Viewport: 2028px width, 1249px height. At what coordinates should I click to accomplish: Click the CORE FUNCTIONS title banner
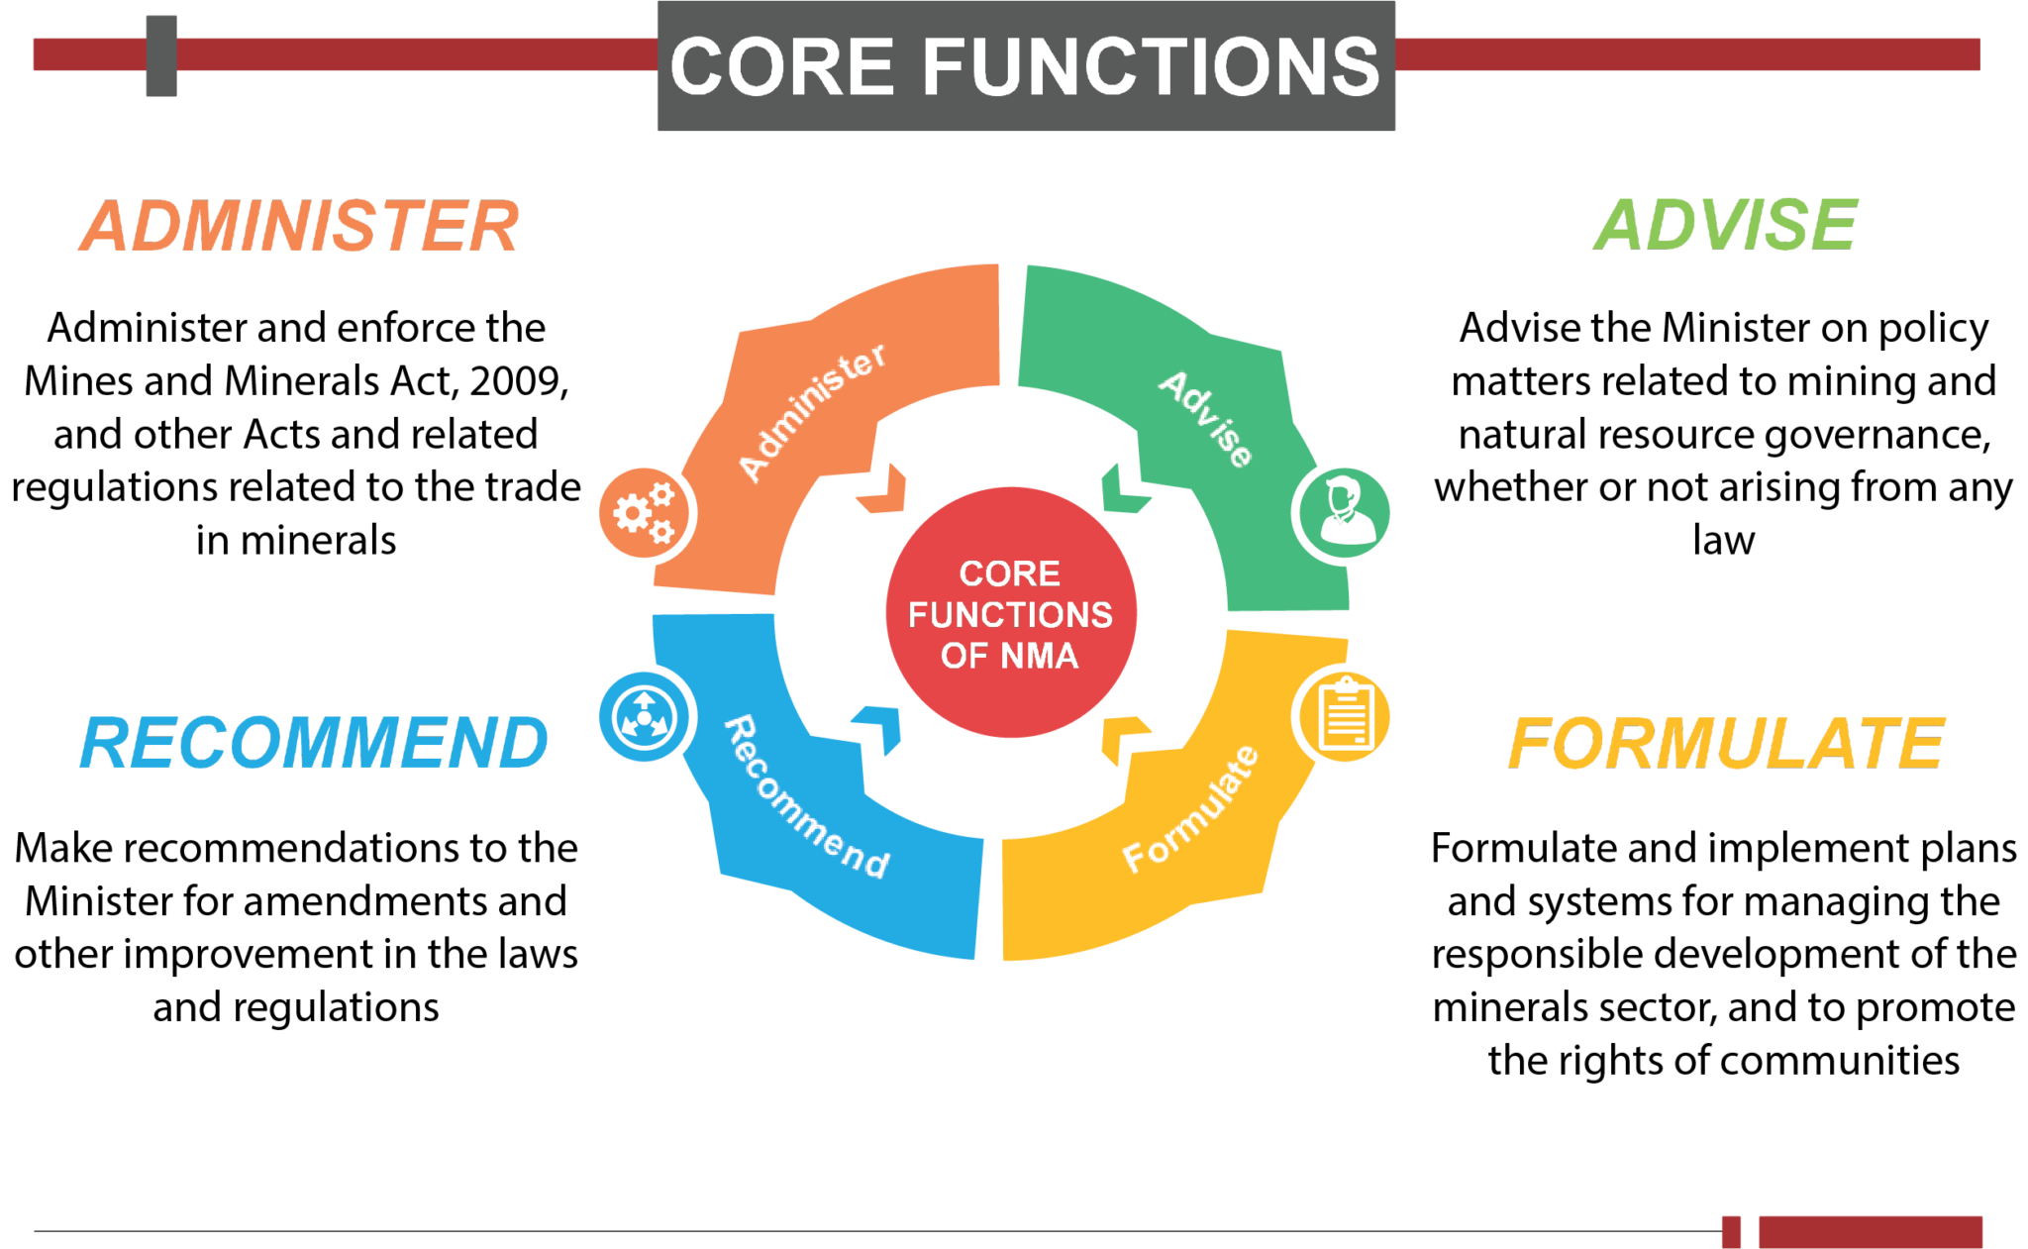1026,65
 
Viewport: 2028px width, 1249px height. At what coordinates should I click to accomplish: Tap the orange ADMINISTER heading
299,226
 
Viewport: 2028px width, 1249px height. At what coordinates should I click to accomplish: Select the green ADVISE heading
1725,225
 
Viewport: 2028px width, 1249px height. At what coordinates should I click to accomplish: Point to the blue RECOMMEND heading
314,743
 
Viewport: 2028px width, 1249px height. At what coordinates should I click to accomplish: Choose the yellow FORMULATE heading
1726,744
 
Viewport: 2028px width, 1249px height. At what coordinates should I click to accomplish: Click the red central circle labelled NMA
1011,612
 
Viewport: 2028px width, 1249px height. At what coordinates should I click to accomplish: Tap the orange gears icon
646,513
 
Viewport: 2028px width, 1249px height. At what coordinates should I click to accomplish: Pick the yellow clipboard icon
1344,715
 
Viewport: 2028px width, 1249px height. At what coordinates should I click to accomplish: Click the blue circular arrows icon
645,716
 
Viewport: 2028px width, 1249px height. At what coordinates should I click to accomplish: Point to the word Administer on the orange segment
812,412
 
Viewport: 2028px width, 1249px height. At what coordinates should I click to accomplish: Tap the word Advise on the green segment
1206,418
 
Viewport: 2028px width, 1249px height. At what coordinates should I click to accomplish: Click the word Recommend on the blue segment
806,798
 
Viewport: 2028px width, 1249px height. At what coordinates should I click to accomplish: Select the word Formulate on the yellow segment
1191,808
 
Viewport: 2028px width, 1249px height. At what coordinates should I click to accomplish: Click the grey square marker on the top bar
161,55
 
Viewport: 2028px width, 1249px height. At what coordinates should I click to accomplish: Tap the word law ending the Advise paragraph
1723,541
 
